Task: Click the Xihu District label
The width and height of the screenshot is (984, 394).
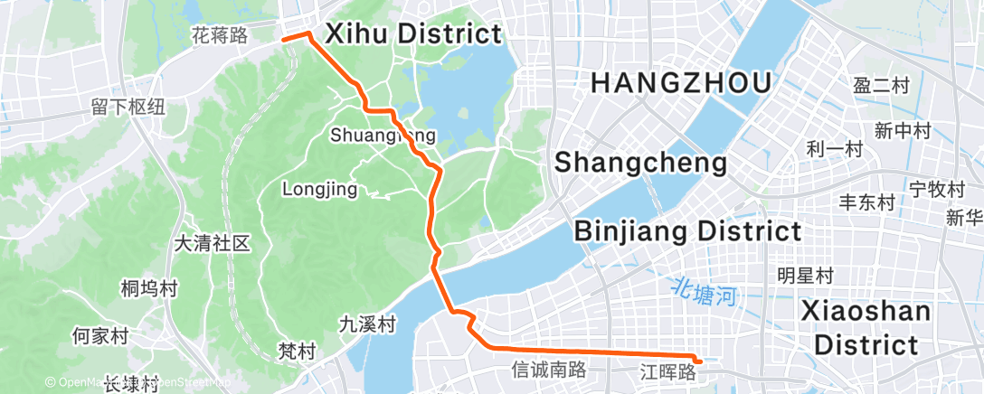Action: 412,34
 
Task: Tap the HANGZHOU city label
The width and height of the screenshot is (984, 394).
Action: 681,84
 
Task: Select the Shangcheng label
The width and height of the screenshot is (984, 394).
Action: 640,163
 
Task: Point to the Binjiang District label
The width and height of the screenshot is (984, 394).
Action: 688,231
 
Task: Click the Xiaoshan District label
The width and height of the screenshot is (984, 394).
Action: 866,328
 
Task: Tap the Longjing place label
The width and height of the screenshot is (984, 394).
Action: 320,190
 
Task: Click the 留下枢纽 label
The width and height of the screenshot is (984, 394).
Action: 128,107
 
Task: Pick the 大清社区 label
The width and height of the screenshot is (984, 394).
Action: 212,243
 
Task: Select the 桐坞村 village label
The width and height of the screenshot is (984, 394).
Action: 149,289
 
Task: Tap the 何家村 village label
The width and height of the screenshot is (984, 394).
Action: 99,336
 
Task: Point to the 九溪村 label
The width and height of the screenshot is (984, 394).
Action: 367,324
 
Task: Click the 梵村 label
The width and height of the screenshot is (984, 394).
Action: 297,350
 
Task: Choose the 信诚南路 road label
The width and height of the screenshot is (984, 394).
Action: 549,369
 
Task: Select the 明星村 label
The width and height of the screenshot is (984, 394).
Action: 805,275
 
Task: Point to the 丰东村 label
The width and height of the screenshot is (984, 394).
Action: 867,202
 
